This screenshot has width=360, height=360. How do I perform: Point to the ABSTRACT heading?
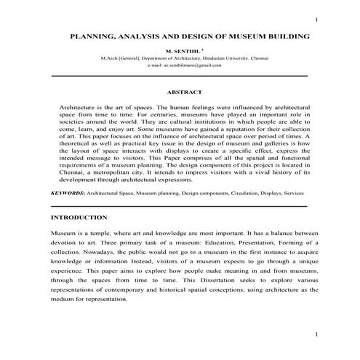(x=184, y=92)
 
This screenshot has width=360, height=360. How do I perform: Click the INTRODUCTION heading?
(x=79, y=217)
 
